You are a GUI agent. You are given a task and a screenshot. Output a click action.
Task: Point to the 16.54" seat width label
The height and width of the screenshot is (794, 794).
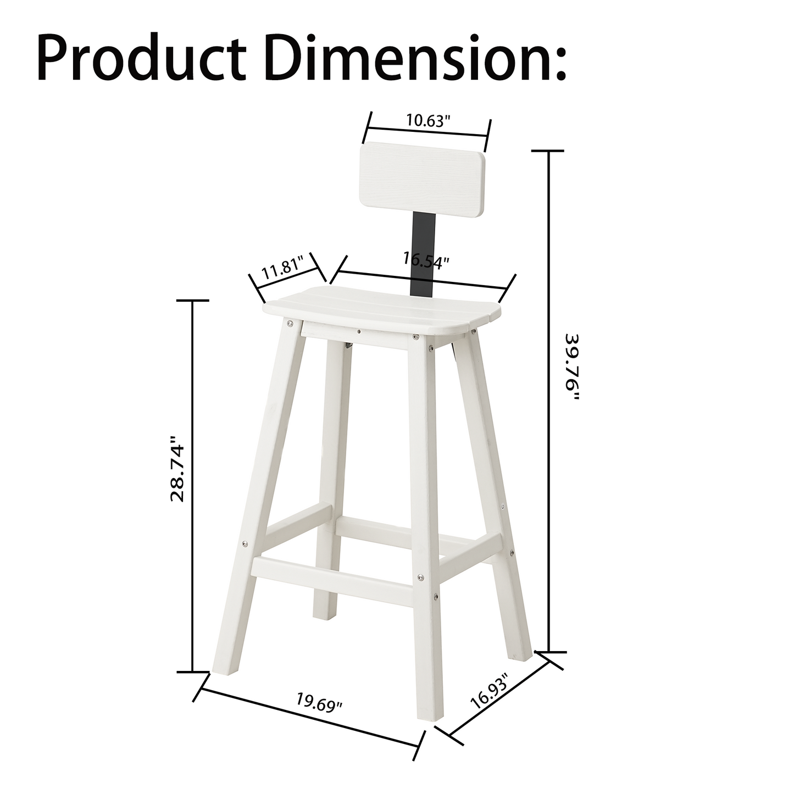(x=426, y=258)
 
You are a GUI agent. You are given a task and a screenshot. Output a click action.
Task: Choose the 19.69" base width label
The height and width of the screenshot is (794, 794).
(x=319, y=703)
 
